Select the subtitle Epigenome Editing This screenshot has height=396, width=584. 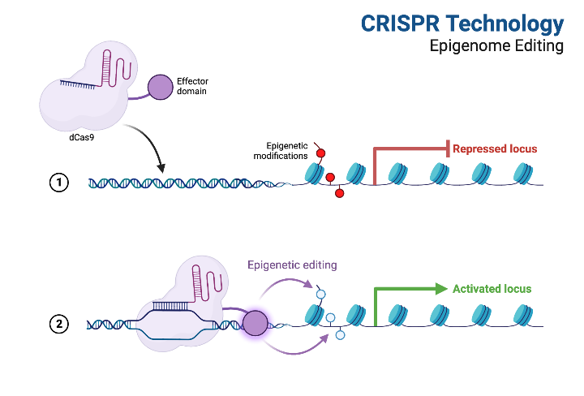pos(496,46)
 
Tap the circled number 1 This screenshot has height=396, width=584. pos(58,183)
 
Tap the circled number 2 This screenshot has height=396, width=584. pos(58,325)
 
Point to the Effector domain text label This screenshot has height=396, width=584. pos(191,86)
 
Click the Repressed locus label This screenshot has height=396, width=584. pos(495,148)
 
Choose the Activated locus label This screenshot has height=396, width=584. pos(492,289)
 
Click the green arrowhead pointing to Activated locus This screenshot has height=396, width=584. pos(440,288)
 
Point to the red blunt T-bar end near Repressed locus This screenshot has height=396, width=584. pos(448,148)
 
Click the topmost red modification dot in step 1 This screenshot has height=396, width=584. pos(320,153)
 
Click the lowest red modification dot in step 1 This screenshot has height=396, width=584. pos(339,193)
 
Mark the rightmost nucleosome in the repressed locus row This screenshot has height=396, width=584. pos(522,174)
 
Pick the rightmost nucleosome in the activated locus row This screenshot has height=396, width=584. pos(522,314)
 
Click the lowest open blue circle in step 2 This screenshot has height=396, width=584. pos(340,334)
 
